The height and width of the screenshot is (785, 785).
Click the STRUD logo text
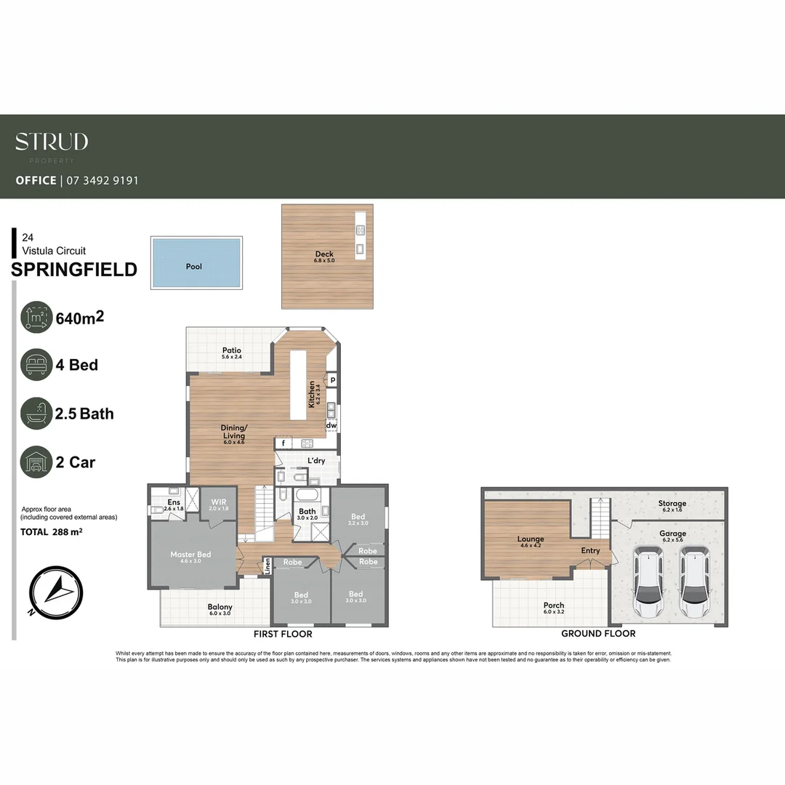[x=52, y=142]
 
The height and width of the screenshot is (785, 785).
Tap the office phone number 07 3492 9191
[x=102, y=180]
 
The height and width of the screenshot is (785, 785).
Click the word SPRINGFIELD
[x=74, y=270]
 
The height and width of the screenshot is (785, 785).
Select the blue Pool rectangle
[x=196, y=263]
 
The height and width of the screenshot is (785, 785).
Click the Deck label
[x=324, y=254]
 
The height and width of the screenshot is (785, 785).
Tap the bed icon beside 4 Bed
[x=36, y=364]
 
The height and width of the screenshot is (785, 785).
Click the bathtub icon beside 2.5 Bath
[x=36, y=414]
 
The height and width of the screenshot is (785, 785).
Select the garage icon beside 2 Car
[x=36, y=462]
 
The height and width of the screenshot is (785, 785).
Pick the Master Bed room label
[x=190, y=555]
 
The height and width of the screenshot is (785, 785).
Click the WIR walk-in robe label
[x=219, y=502]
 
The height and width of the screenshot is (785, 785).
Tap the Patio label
[x=231, y=350]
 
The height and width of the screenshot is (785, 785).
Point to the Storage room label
[x=672, y=504]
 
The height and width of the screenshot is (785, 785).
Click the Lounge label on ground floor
[x=531, y=540]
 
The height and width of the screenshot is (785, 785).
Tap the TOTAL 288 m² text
[x=52, y=532]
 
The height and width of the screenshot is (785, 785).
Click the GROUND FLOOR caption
[x=598, y=634]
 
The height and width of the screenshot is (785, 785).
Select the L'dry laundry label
[x=316, y=460]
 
